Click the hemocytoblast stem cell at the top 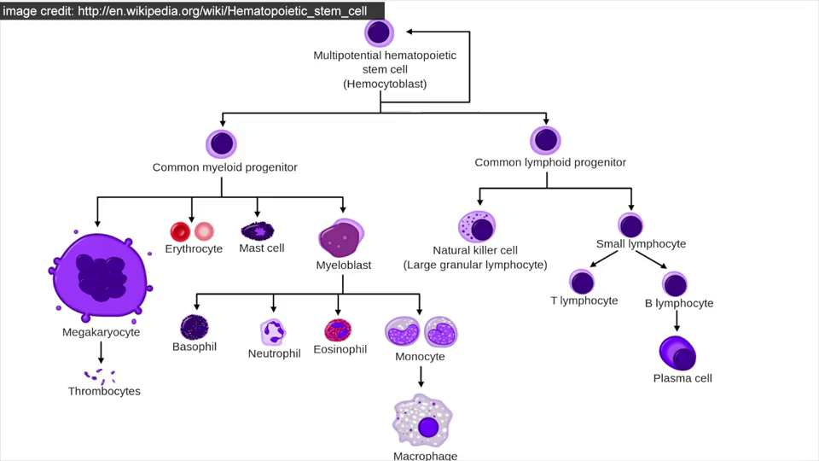click(379, 33)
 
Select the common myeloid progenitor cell click(222, 143)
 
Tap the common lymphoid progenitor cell click(545, 140)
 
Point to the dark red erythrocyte click(180, 231)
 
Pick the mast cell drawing click(257, 230)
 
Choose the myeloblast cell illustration click(340, 238)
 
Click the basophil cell click(195, 327)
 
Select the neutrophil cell click(273, 332)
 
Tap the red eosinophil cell click(338, 330)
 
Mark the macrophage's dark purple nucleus click(428, 427)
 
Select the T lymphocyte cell click(583, 282)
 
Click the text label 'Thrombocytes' click(104, 391)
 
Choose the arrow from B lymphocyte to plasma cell click(677, 321)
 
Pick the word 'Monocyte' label click(420, 356)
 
